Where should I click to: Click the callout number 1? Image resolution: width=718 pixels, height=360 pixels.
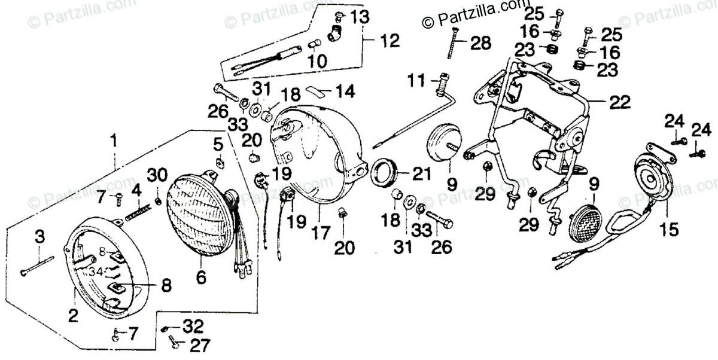pyautogui.click(x=114, y=142)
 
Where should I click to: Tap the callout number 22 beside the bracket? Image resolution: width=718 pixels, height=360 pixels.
pyautogui.click(x=619, y=103)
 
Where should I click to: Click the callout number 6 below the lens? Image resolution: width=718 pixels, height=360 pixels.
pyautogui.click(x=201, y=277)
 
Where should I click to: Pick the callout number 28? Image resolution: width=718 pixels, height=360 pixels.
pyautogui.click(x=480, y=43)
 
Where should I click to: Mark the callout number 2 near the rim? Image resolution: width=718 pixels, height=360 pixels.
pyautogui.click(x=73, y=316)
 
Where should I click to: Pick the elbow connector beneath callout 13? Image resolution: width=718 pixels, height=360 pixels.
pyautogui.click(x=336, y=29)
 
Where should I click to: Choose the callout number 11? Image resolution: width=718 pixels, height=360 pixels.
pyautogui.click(x=416, y=78)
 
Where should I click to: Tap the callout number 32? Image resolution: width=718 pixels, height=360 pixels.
pyautogui.click(x=193, y=327)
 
